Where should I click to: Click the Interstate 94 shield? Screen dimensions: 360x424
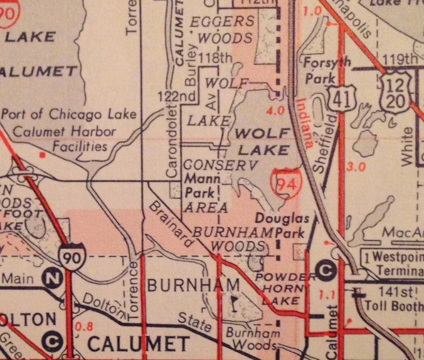point(285,181)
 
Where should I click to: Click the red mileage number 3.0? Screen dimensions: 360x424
point(356,167)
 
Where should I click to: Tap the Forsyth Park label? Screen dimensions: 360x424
point(322,70)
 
